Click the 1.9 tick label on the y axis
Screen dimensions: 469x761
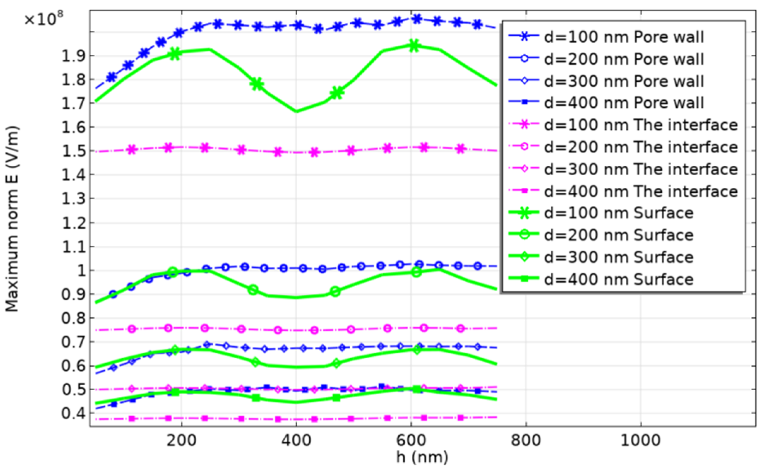(73, 56)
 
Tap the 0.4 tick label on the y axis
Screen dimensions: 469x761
(73, 413)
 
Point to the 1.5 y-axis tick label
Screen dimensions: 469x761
(73, 151)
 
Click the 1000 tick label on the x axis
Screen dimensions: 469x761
(641, 440)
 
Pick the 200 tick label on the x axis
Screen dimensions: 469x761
(182, 440)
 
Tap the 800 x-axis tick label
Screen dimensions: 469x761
(526, 440)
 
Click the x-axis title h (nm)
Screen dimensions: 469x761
(422, 457)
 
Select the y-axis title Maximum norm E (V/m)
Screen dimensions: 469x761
(12, 219)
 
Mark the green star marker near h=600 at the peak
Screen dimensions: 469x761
(414, 46)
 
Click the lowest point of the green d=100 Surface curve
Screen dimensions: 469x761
(296, 111)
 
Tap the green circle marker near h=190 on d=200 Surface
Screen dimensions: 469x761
(173, 272)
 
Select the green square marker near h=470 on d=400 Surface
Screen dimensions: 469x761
(336, 398)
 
